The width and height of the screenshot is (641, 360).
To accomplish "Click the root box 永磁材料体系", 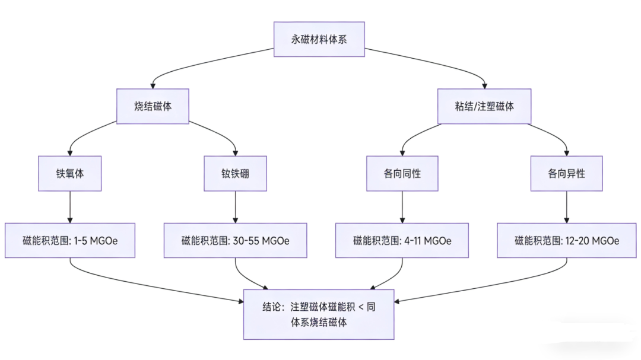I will coord(319,40).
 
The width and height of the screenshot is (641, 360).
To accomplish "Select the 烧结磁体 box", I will coord(153,107).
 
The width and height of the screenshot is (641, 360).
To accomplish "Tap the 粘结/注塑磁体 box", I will coord(484,107).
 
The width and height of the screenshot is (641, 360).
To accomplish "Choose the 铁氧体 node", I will coord(70,174).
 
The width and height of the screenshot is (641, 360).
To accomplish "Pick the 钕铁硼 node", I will coord(235,174).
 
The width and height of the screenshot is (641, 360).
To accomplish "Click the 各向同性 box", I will coord(402,174).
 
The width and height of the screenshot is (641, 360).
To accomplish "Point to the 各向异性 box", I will coord(566,174).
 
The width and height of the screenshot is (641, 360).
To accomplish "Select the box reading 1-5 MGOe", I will coord(70,241).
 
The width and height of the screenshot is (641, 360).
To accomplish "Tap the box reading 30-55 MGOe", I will coord(235,241).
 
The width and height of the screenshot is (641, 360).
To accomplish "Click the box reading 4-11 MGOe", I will coord(402,241).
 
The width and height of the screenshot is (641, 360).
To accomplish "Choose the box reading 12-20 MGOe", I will coord(566,241).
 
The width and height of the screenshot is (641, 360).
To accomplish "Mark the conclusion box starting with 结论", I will coord(319,314).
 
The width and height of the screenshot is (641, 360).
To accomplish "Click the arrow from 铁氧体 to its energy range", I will coord(70,207).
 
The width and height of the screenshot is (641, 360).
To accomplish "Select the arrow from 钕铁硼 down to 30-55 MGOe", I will coord(236,207).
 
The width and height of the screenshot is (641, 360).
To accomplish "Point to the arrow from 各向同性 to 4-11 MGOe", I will coord(402,207).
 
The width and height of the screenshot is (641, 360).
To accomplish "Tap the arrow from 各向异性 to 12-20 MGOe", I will coord(566,207).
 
